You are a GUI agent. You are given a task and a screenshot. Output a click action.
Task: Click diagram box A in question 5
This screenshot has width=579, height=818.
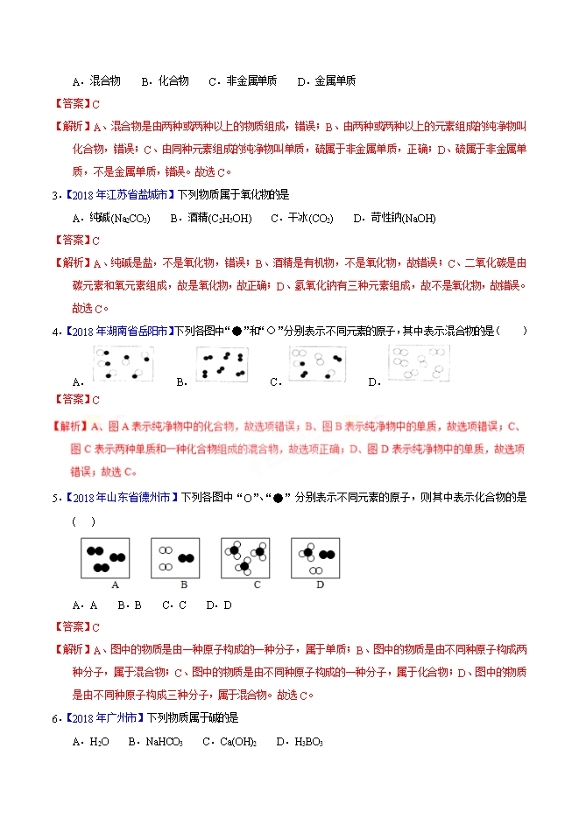[105, 558]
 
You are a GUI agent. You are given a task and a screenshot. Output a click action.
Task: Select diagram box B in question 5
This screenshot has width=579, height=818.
[175, 558]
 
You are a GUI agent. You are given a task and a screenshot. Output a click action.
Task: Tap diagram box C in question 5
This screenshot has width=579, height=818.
[244, 558]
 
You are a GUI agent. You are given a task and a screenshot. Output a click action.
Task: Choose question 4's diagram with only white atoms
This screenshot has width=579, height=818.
[420, 362]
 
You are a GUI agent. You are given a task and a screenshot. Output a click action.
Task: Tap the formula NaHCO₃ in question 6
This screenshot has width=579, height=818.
[164, 742]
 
